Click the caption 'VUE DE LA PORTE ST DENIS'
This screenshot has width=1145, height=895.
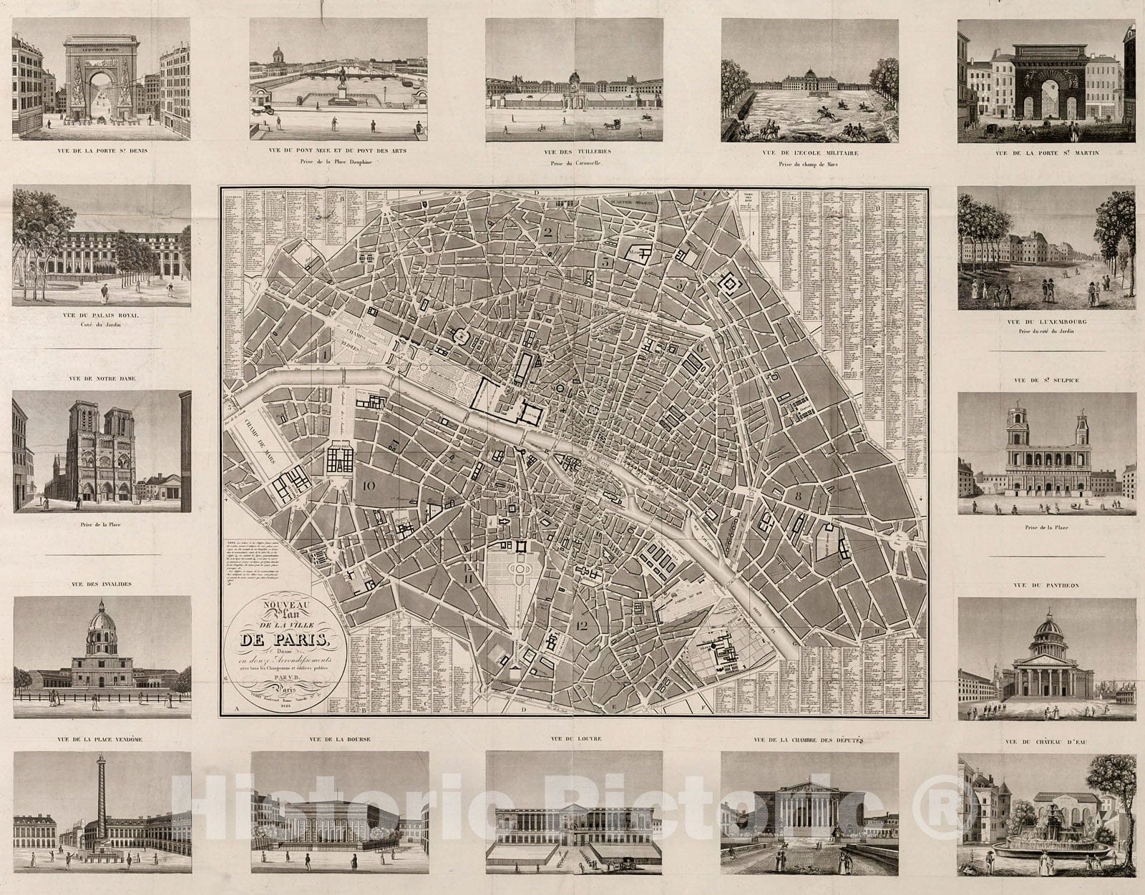coord(101,151)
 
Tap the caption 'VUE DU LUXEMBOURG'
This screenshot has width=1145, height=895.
coord(1046,322)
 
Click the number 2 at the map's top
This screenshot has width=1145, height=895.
coord(550,230)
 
